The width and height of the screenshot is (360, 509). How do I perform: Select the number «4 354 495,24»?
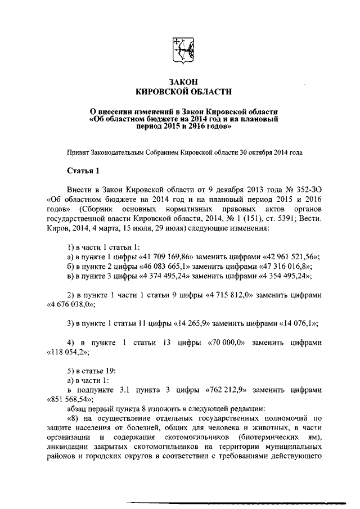click(x=283, y=276)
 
